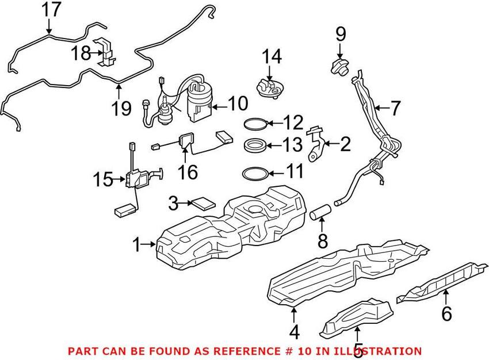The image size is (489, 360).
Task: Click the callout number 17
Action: [51, 10]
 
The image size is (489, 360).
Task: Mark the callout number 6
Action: [446, 314]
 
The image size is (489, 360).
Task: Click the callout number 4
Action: [294, 332]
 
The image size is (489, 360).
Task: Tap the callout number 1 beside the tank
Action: [136, 246]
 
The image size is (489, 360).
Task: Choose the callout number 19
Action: [121, 109]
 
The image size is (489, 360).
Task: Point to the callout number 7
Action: [397, 107]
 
